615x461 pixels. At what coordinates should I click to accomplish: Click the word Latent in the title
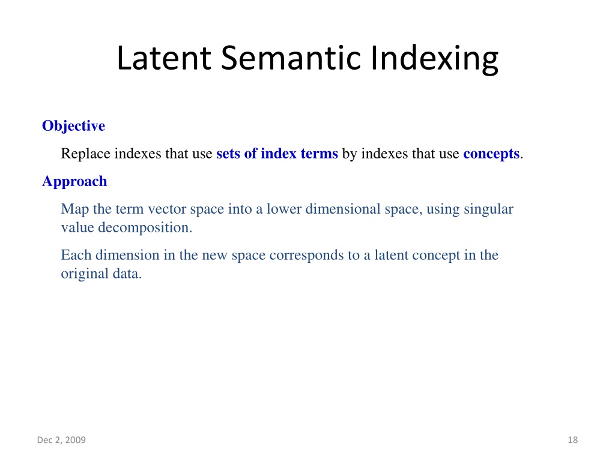[164, 58]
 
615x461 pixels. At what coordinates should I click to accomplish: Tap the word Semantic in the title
[291, 58]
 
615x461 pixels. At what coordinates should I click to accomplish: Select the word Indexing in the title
[434, 59]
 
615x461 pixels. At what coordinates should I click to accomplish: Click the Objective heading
[73, 126]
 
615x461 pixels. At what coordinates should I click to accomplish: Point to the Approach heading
[74, 182]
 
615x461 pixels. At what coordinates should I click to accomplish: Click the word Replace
[85, 154]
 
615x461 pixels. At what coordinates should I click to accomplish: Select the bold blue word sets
[228, 154]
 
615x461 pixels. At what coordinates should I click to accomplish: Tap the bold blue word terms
[319, 154]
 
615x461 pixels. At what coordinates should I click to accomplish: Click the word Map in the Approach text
[75, 209]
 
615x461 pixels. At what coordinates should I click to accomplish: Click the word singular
[488, 209]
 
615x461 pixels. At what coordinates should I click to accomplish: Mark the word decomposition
[145, 227]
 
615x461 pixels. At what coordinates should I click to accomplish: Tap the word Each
[76, 255]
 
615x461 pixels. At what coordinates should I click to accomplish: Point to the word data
[127, 274]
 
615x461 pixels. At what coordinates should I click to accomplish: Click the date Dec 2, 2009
[61, 440]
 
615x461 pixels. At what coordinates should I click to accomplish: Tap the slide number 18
[572, 440]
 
